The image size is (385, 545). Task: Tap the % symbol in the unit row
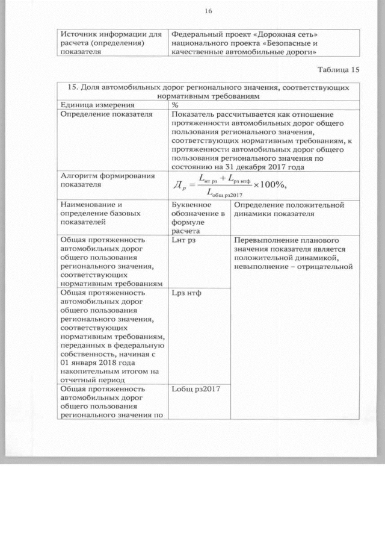coord(175,105)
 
